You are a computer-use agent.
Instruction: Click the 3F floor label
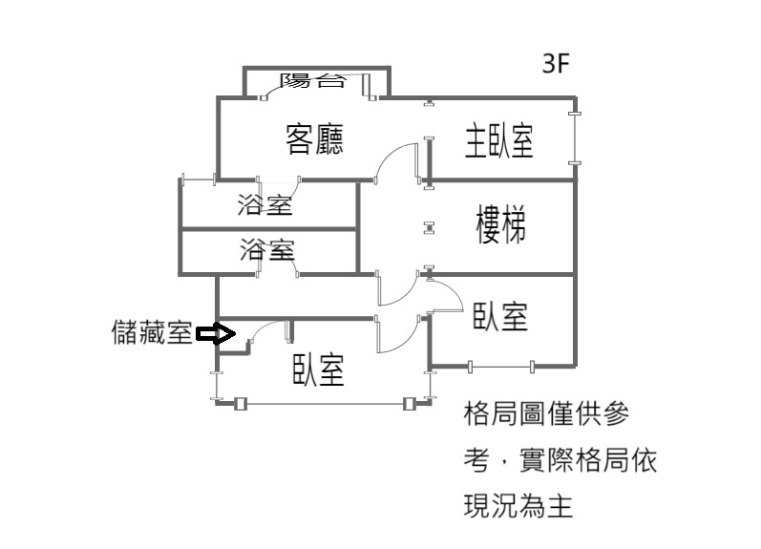click(x=555, y=64)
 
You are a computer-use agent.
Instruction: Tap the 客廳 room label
click(x=315, y=140)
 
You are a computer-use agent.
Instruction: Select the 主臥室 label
click(x=498, y=140)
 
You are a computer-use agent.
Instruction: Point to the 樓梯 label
click(x=500, y=226)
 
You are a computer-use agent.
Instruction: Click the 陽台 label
click(x=312, y=81)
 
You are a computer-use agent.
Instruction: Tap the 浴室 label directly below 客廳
click(x=264, y=203)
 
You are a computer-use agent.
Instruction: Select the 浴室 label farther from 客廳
click(x=267, y=251)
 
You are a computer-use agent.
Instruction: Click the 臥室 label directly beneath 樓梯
click(x=500, y=315)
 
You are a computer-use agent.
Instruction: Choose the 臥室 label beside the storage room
click(x=319, y=370)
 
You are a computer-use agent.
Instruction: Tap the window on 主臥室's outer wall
click(x=575, y=139)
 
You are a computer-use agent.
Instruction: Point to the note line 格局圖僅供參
click(x=545, y=415)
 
